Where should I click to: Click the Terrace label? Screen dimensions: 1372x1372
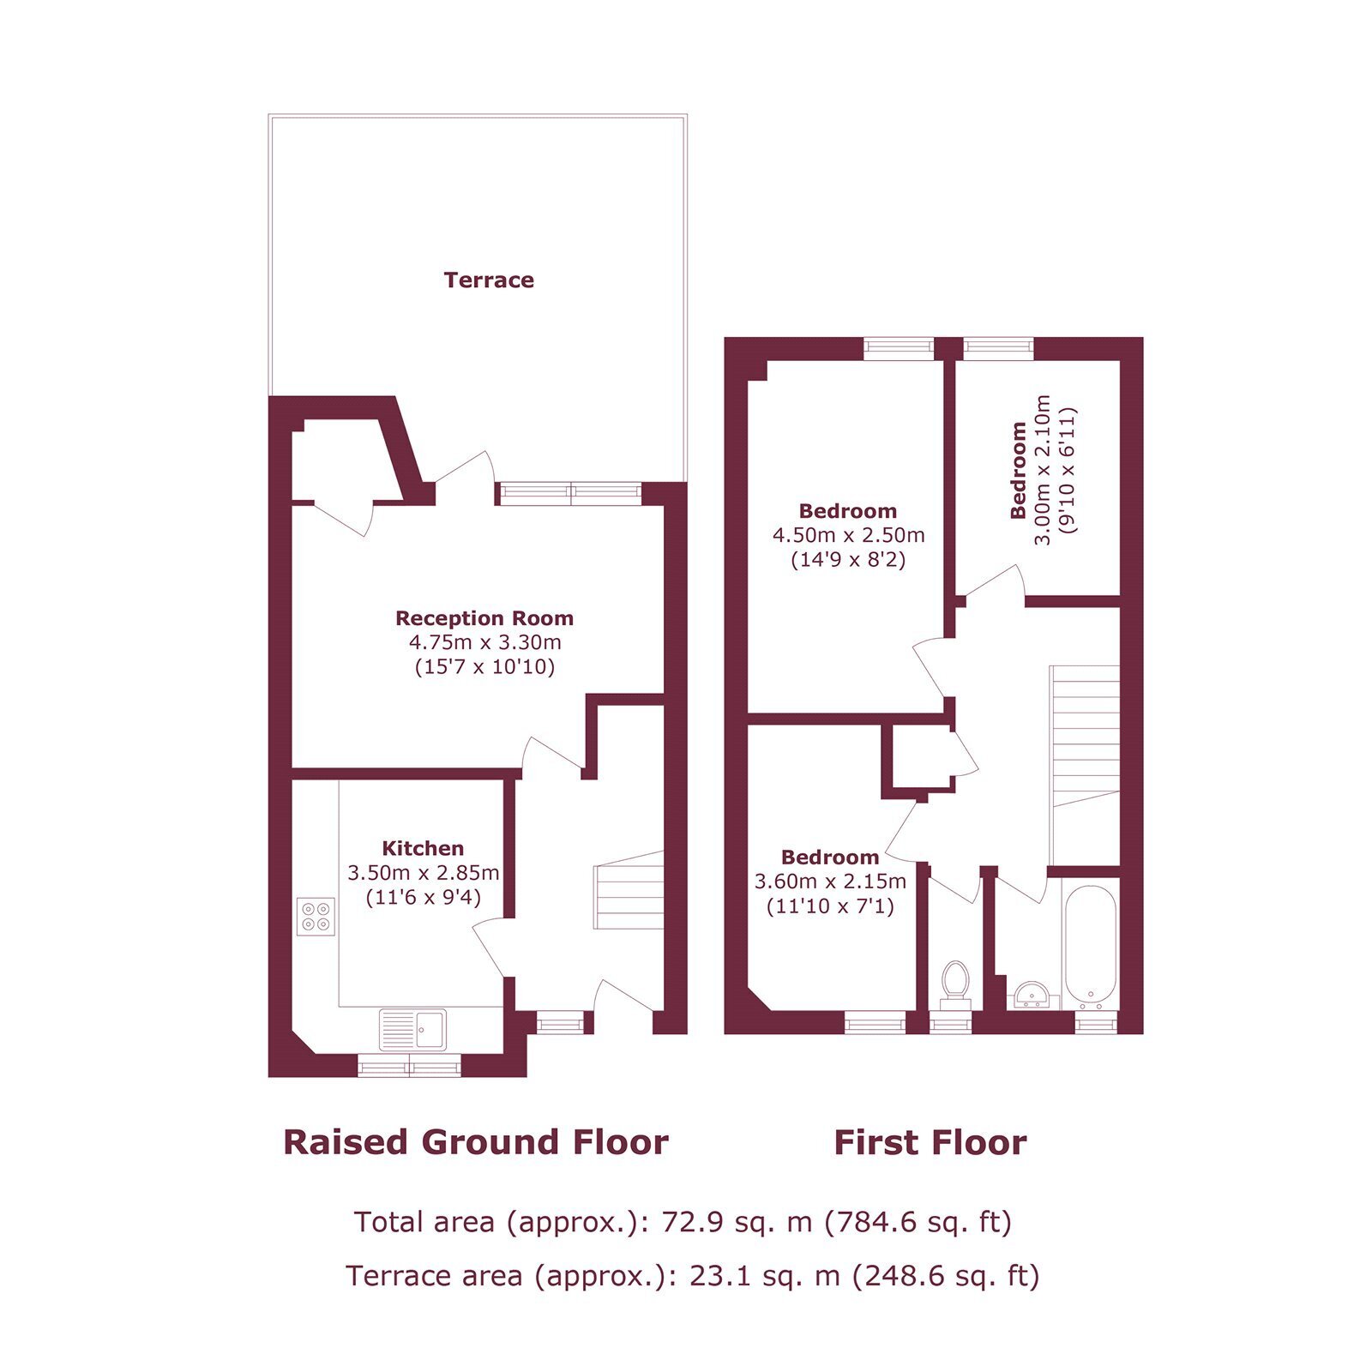coord(489,280)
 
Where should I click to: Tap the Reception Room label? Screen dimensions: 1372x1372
coord(484,618)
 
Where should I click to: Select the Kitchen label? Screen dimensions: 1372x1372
coord(423,849)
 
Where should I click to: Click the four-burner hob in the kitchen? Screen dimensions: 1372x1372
coord(316,916)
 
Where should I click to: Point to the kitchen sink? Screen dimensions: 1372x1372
coord(413,1030)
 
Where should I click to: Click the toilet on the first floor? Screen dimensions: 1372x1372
coord(954,985)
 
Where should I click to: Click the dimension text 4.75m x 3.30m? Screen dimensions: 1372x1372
coord(485,642)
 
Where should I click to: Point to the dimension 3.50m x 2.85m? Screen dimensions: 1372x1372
coord(423,873)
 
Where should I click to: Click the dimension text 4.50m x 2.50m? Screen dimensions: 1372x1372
coord(849,536)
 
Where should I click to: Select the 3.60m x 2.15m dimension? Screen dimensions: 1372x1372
coord(830,882)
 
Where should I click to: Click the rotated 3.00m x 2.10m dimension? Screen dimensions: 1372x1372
coord(1042,470)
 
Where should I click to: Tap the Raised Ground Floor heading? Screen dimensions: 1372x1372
coord(476,1143)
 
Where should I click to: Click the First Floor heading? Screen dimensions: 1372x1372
coord(930,1143)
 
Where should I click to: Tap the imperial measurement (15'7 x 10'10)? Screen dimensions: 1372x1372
coord(484,667)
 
